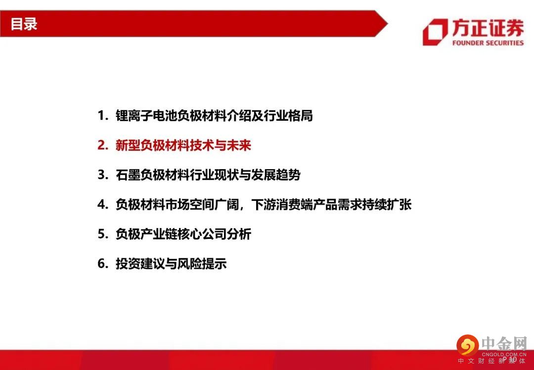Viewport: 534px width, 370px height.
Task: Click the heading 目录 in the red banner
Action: click(24, 24)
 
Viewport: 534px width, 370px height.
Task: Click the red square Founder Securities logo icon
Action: click(435, 32)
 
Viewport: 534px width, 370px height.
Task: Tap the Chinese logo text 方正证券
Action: click(488, 28)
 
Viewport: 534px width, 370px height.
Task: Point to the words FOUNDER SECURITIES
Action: click(488, 43)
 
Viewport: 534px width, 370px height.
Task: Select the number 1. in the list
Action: click(103, 116)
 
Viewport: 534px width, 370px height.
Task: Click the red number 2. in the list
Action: click(103, 145)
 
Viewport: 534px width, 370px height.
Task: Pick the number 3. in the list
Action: click(103, 175)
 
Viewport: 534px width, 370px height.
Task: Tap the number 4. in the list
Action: click(103, 204)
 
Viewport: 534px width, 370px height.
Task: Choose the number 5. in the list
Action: click(103, 234)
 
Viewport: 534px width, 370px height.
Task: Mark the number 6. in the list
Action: click(103, 264)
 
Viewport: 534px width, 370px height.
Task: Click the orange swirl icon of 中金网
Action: click(468, 345)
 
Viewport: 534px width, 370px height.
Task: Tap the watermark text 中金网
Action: click(504, 344)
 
